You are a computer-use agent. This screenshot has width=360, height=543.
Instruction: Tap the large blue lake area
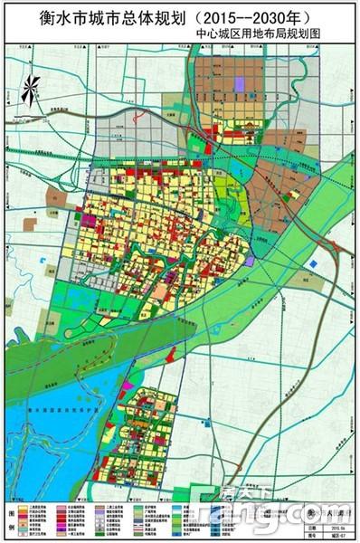[x=54, y=425]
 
